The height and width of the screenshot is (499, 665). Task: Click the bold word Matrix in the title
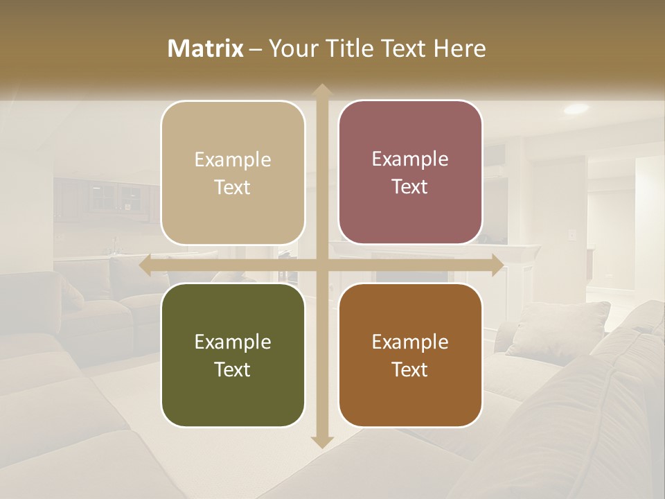[206, 49]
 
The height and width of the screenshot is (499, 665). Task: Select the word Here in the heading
[459, 49]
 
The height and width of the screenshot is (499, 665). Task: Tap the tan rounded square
[233, 173]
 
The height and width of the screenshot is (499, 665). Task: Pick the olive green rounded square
[233, 355]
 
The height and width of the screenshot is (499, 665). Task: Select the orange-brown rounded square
[410, 355]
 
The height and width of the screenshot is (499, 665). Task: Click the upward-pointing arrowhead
[321, 90]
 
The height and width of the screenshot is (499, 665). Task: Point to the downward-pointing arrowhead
[321, 441]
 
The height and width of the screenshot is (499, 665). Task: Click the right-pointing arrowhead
[497, 265]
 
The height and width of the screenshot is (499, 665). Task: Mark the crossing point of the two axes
[321, 265]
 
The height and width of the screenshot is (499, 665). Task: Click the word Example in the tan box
[233, 159]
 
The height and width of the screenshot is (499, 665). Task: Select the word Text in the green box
[232, 369]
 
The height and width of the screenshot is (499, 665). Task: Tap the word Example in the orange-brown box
[410, 342]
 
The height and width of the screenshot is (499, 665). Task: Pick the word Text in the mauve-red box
[409, 186]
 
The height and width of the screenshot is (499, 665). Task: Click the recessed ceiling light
[576, 109]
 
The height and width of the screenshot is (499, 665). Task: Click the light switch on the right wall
[572, 235]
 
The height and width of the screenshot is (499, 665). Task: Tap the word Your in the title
[291, 49]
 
